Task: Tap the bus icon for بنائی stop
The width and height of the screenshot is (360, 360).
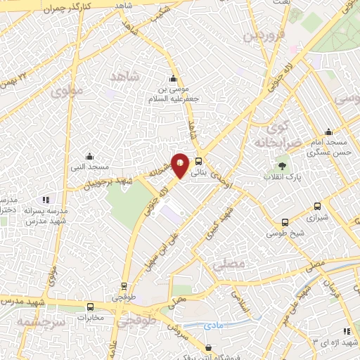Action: click(x=199, y=160)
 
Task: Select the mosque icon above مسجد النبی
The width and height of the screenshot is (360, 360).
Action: click(x=89, y=156)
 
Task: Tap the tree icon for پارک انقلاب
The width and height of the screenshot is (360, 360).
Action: click(x=282, y=167)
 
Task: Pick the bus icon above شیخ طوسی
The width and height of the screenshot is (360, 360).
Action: click(x=285, y=222)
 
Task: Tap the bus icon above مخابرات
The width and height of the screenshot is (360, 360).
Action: click(x=90, y=307)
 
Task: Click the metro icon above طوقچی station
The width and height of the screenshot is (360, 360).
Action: click(x=124, y=286)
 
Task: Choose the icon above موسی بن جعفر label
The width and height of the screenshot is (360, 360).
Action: click(x=173, y=78)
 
